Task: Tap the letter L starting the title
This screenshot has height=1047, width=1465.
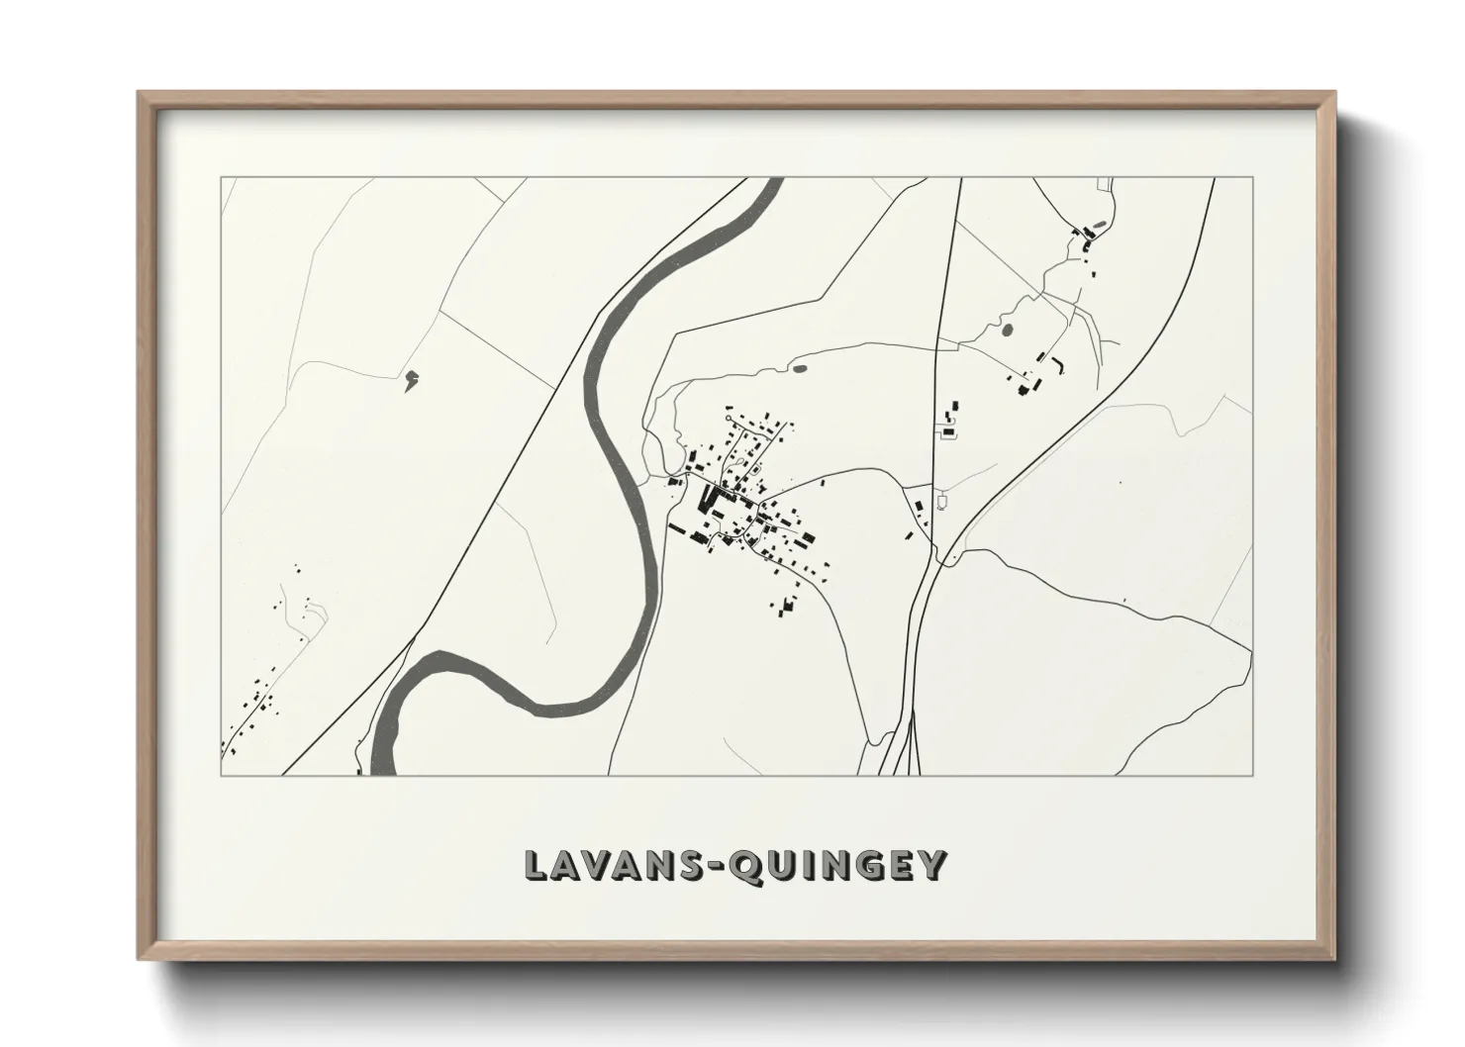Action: tap(536, 864)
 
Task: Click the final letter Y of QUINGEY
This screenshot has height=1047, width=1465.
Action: tap(932, 864)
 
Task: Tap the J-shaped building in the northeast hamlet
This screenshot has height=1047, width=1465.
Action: tap(1061, 363)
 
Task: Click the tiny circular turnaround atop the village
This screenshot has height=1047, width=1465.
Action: tap(731, 421)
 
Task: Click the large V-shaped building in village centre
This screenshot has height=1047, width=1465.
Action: tap(709, 498)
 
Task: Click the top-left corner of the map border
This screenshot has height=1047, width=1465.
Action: tap(221, 178)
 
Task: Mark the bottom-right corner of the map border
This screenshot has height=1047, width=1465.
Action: tap(1252, 775)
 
